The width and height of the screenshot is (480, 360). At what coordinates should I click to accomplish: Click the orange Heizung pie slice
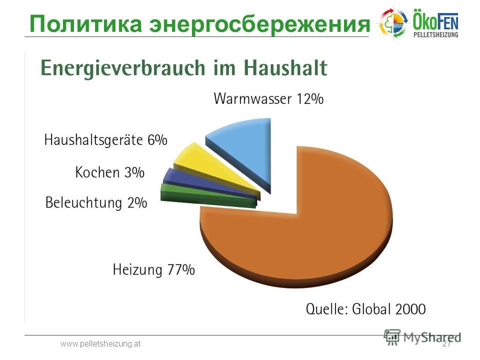pyautogui.click(x=306, y=239)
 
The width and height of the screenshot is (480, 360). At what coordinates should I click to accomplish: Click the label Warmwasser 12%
pyautogui.click(x=268, y=98)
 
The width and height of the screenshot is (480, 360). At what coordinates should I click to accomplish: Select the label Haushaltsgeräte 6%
pyautogui.click(x=105, y=140)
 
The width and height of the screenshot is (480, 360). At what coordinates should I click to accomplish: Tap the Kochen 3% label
pyautogui.click(x=109, y=172)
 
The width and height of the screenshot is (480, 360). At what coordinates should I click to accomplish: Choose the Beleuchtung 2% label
pyautogui.click(x=96, y=202)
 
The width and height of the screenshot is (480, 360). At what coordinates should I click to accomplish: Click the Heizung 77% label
pyautogui.click(x=153, y=269)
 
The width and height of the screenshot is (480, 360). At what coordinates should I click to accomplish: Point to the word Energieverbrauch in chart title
pyautogui.click(x=123, y=68)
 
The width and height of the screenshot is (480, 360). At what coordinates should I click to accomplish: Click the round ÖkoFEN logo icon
pyautogui.click(x=393, y=22)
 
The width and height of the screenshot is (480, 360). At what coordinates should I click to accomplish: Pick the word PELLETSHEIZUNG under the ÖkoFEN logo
pyautogui.click(x=436, y=34)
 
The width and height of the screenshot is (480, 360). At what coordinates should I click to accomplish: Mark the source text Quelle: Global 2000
pyautogui.click(x=366, y=308)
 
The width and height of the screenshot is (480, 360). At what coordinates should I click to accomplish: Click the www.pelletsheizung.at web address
pyautogui.click(x=100, y=344)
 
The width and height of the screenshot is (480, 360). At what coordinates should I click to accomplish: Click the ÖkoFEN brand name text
pyautogui.click(x=436, y=20)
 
